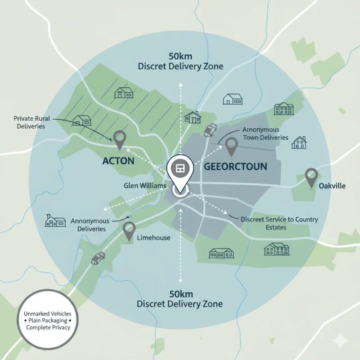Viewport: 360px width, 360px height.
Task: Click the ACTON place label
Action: pos(118,161)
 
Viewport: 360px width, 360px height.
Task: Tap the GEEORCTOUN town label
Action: pos(235,166)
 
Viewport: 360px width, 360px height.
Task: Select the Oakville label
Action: pos(332,185)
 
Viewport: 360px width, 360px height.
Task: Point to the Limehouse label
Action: pos(153,237)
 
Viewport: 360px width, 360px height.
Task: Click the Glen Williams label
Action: pos(145,185)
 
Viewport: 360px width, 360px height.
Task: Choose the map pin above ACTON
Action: pos(119,139)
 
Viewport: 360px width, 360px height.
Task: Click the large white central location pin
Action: pos(180,171)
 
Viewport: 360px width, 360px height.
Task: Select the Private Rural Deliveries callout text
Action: pos(31,122)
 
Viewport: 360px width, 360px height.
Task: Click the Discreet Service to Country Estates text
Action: pos(279,223)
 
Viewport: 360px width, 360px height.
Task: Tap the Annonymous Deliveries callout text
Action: pos(90,225)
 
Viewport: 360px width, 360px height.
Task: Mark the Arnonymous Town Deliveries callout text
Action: pos(265,133)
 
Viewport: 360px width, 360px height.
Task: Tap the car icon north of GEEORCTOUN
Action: pos(210,130)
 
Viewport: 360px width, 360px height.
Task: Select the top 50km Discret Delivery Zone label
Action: pos(180,62)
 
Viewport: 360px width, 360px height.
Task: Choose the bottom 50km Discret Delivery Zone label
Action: pos(180,299)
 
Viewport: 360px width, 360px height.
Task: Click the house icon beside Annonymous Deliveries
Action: pos(55,220)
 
